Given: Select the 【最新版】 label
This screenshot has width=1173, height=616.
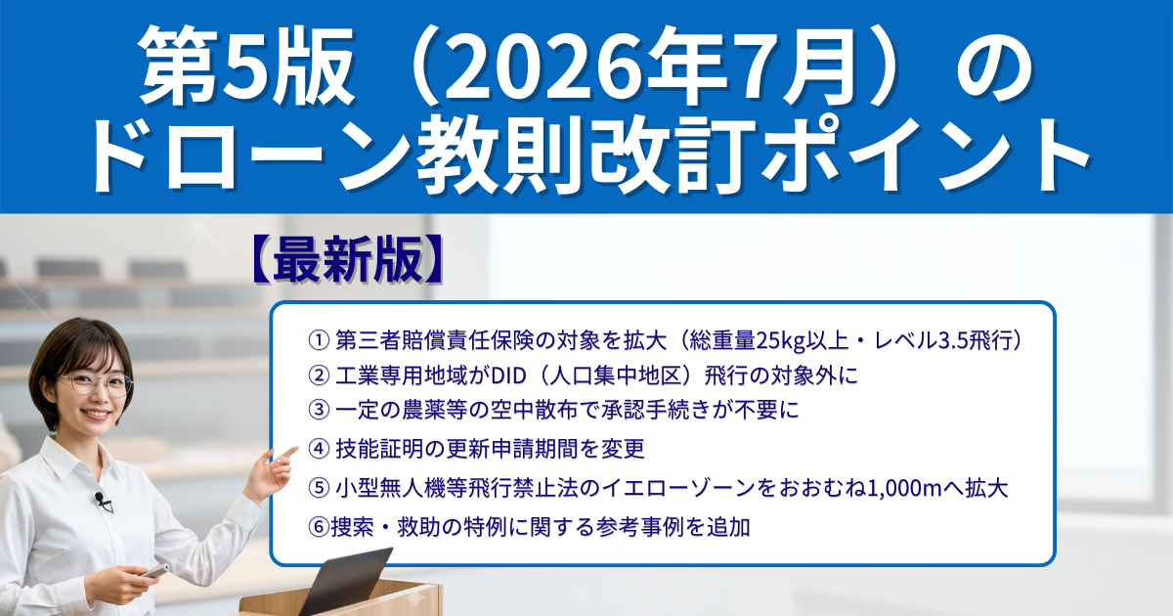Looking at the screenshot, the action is point(348,260).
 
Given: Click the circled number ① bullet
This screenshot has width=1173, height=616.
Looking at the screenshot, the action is point(319,340).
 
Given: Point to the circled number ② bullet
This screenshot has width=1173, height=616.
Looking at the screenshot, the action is point(319,375).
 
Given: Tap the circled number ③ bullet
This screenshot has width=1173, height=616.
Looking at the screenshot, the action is point(319,410).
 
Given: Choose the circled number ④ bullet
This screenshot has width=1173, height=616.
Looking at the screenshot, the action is point(319,449).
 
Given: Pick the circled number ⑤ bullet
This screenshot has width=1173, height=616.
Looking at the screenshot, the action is point(319,488).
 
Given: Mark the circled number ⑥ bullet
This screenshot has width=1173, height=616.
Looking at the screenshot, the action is point(319,527).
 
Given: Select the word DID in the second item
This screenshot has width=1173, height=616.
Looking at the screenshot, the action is point(508,376).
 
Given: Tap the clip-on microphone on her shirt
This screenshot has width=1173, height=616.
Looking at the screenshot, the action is point(102,501).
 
